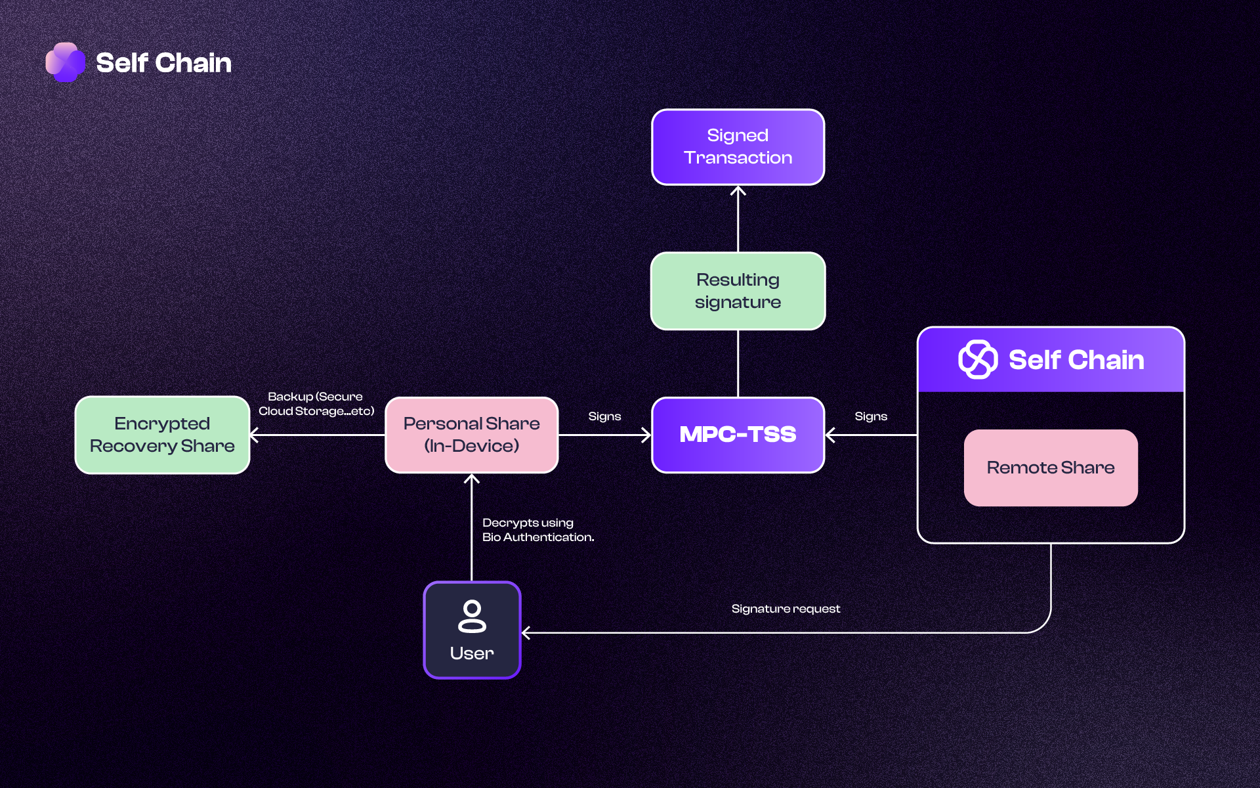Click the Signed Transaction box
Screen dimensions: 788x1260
738,147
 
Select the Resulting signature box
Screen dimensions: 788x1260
738,291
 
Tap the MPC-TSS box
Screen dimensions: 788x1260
738,435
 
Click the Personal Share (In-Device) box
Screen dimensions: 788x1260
471,435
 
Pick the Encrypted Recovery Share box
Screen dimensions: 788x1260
162,435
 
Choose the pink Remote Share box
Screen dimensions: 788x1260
1051,468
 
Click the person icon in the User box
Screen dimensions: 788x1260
472,616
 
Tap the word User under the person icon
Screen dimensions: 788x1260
472,653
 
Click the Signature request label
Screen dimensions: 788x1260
786,609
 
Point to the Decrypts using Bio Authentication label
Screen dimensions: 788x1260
537,530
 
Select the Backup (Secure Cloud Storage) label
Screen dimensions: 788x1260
316,404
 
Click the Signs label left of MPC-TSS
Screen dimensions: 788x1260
604,416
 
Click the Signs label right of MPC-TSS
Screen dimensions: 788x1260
871,416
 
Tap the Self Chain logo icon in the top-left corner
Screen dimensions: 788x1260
65,62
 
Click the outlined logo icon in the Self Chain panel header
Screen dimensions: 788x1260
978,359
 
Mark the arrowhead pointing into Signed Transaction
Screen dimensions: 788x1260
738,190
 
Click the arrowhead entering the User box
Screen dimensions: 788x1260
526,633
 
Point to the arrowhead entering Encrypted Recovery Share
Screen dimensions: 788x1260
255,435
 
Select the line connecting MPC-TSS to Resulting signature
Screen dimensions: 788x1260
738,363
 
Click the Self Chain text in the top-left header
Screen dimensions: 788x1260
163,63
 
